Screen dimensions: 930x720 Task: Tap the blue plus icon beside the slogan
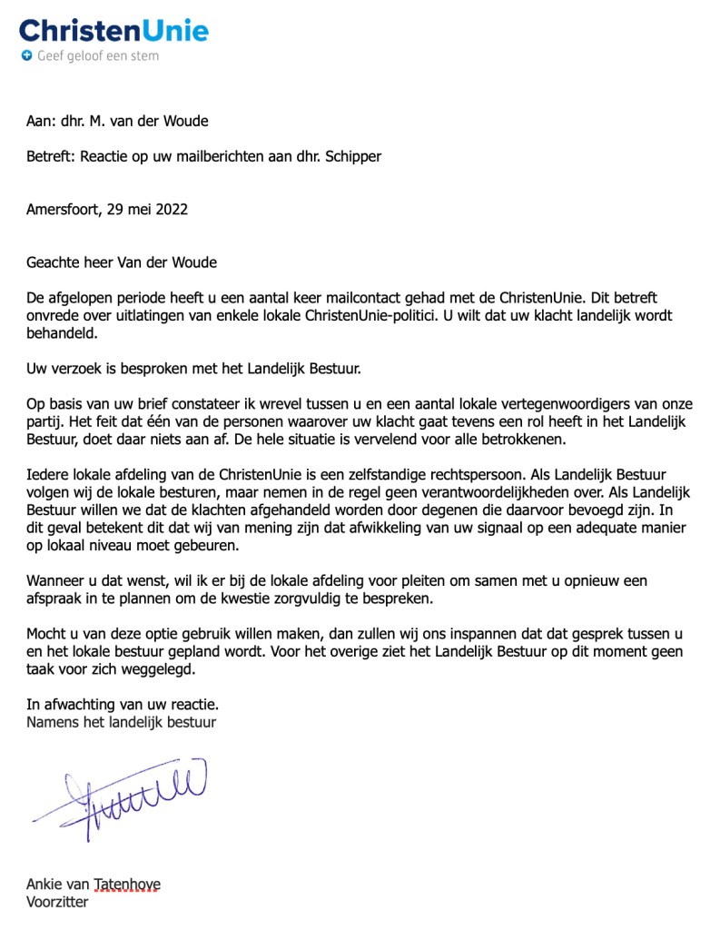(26, 56)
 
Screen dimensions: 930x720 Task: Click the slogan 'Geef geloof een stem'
(98, 56)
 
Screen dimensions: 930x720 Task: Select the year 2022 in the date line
(171, 209)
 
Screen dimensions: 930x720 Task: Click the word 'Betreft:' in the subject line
(51, 156)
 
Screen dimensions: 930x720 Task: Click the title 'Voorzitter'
(58, 902)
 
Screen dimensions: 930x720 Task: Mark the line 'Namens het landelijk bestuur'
(122, 722)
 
